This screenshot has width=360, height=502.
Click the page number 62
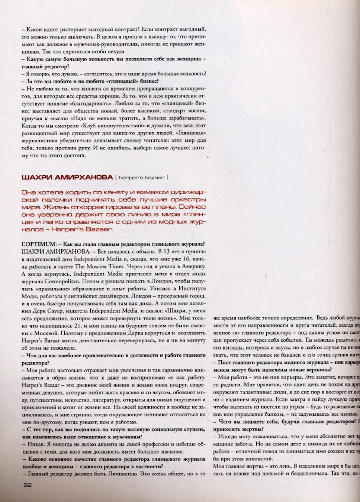pos(28,485)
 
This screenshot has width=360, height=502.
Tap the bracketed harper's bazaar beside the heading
pos(142,177)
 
